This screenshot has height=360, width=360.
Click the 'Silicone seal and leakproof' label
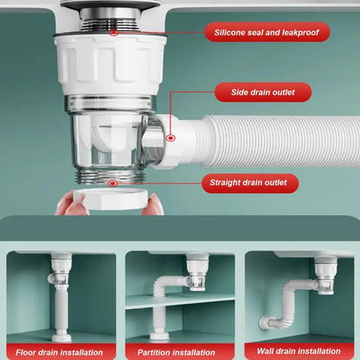(x=267, y=33)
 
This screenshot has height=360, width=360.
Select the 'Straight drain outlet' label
(x=252, y=183)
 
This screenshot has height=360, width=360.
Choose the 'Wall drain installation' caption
(x=299, y=351)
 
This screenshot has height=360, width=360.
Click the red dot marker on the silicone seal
(x=113, y=33)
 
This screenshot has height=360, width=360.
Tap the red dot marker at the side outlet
(x=170, y=137)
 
